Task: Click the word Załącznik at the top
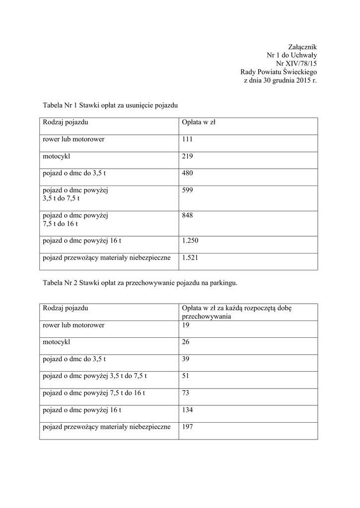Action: tap(302, 47)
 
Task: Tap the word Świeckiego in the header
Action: tap(297, 72)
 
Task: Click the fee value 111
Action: tap(187, 139)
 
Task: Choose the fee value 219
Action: tap(187, 156)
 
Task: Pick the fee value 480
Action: tap(187, 173)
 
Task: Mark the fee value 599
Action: tap(187, 190)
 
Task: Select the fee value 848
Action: tap(187, 216)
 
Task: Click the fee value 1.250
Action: tap(191, 241)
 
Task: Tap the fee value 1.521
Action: tap(191, 257)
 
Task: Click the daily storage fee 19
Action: tap(186, 325)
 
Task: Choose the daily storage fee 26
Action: tap(186, 342)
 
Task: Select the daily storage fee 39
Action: tap(186, 359)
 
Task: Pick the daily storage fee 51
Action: tap(186, 376)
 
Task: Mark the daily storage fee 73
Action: tap(186, 393)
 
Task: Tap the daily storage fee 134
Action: tap(187, 410)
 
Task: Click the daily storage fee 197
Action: tap(187, 427)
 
